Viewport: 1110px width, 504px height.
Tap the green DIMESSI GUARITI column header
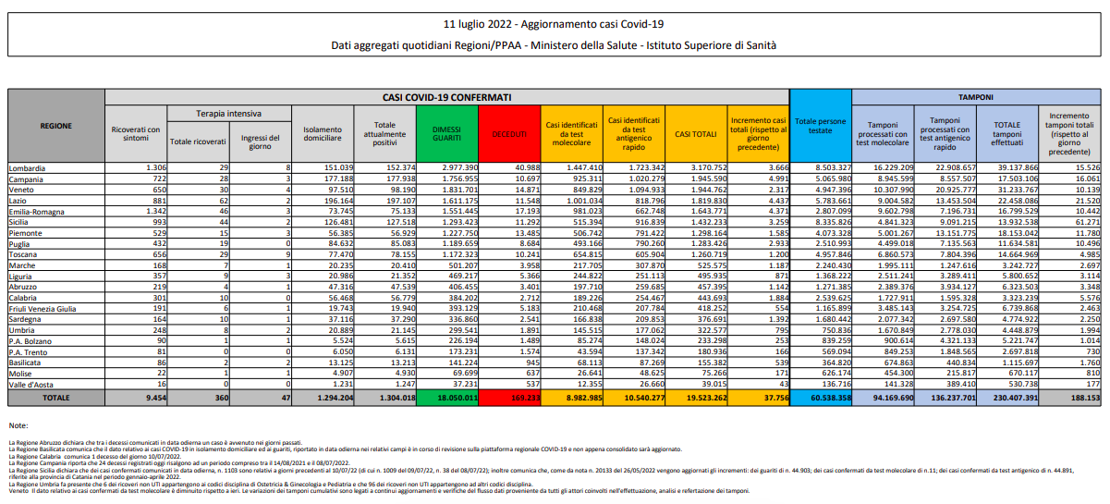click(445, 133)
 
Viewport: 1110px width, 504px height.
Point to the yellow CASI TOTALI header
click(695, 133)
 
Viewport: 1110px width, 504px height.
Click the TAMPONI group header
click(976, 95)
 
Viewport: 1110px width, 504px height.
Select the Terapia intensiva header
click(227, 112)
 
